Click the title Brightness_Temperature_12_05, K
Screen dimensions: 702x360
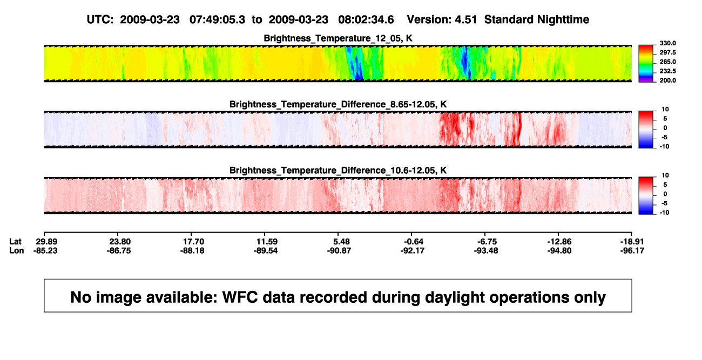click(x=338, y=38)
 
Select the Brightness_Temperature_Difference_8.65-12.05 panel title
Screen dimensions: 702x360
click(x=338, y=104)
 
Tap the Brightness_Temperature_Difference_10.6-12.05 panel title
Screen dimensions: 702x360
click(x=338, y=171)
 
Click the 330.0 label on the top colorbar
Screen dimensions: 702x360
click(x=667, y=43)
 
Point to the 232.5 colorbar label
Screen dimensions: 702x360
click(x=667, y=71)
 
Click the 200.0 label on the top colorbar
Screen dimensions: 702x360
click(x=667, y=80)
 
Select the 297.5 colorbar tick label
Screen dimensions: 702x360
click(x=667, y=53)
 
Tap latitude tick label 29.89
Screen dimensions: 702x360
click(x=46, y=242)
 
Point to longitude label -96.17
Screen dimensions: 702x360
click(x=632, y=250)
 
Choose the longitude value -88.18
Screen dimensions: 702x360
click(x=192, y=250)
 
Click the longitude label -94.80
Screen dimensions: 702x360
click(x=559, y=250)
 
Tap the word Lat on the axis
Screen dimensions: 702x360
click(x=15, y=242)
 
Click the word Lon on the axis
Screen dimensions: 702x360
click(x=16, y=250)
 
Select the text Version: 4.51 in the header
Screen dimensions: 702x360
click(x=442, y=19)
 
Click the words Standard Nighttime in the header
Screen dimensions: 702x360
click(x=537, y=19)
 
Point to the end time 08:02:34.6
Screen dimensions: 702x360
click(x=366, y=19)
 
